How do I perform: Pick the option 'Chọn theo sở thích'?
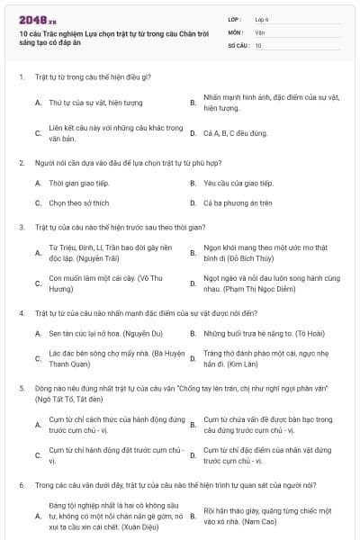[x=78, y=202]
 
